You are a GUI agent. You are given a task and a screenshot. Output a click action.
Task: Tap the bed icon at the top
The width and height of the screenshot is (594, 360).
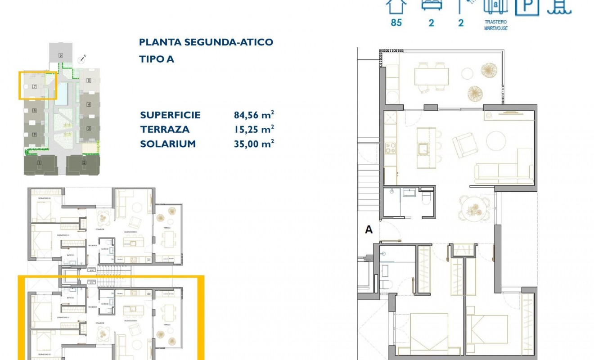[x=432, y=4]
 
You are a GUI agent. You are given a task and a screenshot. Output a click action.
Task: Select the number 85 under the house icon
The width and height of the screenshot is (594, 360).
[x=396, y=22]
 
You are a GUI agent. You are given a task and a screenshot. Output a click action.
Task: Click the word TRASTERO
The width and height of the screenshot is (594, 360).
[x=496, y=22]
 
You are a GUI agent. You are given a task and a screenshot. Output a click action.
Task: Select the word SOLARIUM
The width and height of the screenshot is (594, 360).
[x=168, y=144]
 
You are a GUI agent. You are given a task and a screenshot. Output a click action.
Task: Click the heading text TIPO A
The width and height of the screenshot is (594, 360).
[x=156, y=59]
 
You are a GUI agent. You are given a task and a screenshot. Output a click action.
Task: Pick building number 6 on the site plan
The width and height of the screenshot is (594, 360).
[x=60, y=55]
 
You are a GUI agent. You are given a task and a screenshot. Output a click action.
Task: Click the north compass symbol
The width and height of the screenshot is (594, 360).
[x=82, y=58]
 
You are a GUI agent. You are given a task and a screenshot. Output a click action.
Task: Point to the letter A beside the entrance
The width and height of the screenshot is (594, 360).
[x=369, y=229]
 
